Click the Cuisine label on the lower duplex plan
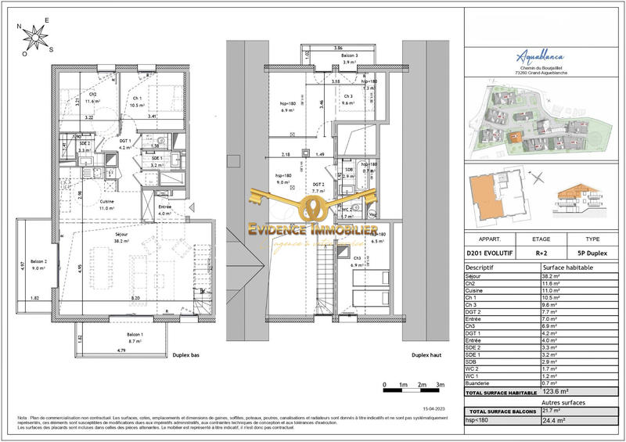point(106,205)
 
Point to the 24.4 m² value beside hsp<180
point(554,421)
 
